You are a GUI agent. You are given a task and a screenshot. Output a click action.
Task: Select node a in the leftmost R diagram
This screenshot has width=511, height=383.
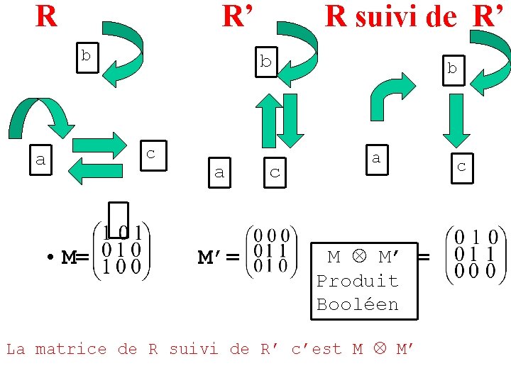point(40,160)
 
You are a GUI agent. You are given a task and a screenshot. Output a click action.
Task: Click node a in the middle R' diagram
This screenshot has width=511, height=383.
point(219,172)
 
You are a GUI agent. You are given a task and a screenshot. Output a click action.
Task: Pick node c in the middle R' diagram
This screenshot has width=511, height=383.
point(275,172)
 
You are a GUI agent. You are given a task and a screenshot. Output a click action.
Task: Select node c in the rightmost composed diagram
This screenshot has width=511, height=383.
point(461,167)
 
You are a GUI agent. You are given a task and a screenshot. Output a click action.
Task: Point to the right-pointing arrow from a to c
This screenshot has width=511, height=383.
point(99,145)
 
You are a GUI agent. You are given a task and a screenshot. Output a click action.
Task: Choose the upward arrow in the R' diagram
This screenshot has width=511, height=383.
point(268,121)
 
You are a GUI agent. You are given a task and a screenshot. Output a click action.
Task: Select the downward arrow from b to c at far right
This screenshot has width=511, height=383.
point(455,121)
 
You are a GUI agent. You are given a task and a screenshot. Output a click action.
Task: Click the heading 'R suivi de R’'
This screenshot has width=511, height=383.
point(417,16)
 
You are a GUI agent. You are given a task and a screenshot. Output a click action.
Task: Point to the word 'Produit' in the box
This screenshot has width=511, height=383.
point(357,281)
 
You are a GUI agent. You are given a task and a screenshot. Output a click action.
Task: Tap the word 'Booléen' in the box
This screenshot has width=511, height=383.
point(357,305)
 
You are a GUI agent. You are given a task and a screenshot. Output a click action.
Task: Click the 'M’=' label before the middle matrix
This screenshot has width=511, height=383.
point(217,258)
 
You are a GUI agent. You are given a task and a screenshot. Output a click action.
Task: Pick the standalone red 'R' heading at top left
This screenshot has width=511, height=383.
point(46,16)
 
